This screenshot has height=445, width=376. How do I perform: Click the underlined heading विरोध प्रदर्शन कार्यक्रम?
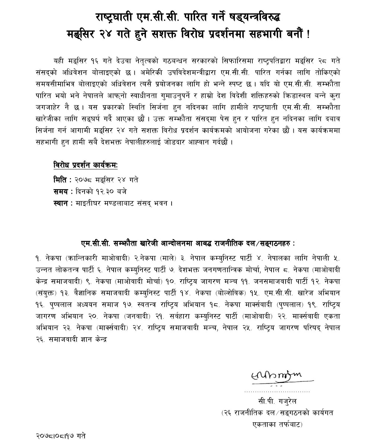click(85, 165)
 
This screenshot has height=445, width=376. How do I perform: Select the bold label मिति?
click(60, 180)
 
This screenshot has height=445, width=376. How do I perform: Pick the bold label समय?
click(61, 191)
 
